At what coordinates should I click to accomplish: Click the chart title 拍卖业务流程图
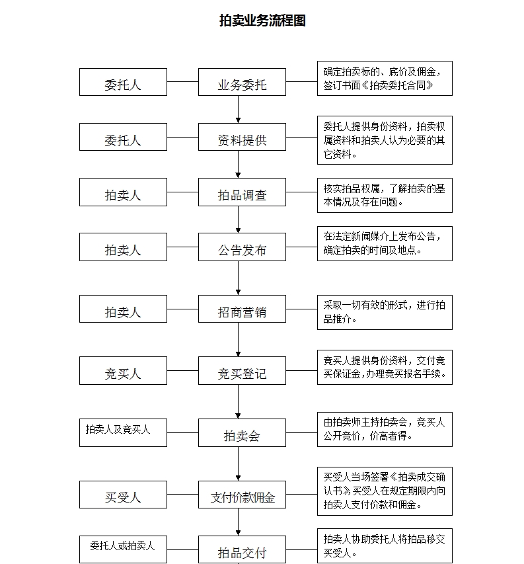pos(262,20)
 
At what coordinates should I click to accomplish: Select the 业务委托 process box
pos(242,82)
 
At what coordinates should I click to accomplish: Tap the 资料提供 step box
pos(242,137)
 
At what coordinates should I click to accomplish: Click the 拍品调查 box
pos(242,192)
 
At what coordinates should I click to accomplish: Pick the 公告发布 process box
pos(242,247)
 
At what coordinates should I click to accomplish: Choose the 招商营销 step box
pos(242,309)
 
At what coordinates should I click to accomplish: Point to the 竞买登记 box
pos(242,371)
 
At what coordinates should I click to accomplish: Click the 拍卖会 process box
pos(242,432)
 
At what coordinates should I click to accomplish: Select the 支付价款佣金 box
pos(242,495)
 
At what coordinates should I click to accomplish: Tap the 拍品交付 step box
pos(242,549)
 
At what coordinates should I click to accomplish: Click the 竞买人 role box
pos(123,371)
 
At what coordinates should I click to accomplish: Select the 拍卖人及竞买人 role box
pos(123,432)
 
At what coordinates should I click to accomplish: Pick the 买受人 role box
pos(123,495)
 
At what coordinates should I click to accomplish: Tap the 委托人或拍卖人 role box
pos(123,549)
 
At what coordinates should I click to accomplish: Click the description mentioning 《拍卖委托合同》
pos(385,79)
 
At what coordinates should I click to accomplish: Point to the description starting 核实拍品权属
pos(385,195)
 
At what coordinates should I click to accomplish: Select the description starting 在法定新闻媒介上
pos(385,243)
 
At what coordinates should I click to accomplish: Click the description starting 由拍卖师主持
pos(385,430)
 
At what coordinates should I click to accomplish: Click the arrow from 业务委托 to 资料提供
pos(238,109)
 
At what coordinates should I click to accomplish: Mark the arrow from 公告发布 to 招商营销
pos(238,278)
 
